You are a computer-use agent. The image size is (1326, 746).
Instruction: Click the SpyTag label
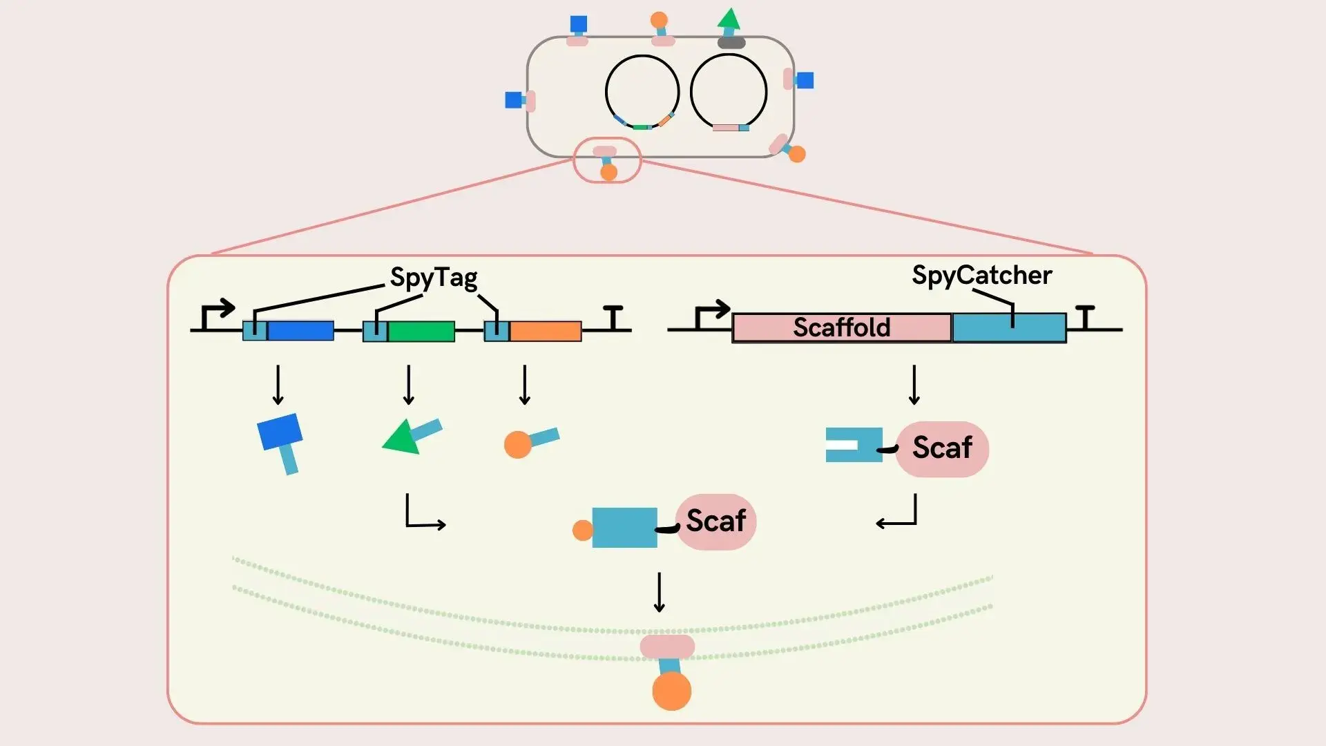[434, 278]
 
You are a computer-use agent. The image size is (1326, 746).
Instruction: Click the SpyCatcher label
[981, 275]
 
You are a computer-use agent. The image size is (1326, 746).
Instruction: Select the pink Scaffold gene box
[841, 327]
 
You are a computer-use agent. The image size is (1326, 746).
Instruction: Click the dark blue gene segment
[300, 331]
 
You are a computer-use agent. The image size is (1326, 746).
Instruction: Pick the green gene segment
[421, 331]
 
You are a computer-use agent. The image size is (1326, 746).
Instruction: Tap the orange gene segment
[546, 331]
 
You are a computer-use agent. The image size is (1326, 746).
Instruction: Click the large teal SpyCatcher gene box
[1009, 327]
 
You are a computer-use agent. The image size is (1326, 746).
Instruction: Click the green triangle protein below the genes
[404, 438]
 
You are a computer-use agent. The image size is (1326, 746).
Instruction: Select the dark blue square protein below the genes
[280, 432]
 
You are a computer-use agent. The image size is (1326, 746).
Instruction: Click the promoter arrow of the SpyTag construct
[217, 315]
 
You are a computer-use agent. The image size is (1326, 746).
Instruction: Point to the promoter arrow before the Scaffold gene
[711, 315]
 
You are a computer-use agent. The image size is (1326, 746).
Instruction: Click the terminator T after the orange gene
[613, 317]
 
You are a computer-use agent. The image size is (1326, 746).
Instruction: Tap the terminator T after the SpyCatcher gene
[1086, 317]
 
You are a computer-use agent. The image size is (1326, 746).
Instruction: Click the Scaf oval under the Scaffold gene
[942, 448]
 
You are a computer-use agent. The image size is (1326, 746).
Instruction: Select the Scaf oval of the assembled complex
[715, 522]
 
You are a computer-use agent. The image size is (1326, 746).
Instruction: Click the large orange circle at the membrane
[671, 691]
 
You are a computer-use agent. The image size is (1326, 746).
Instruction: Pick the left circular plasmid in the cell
[642, 93]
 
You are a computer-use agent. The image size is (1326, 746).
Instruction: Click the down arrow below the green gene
[409, 385]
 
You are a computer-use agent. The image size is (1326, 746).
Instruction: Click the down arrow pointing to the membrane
[660, 592]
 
